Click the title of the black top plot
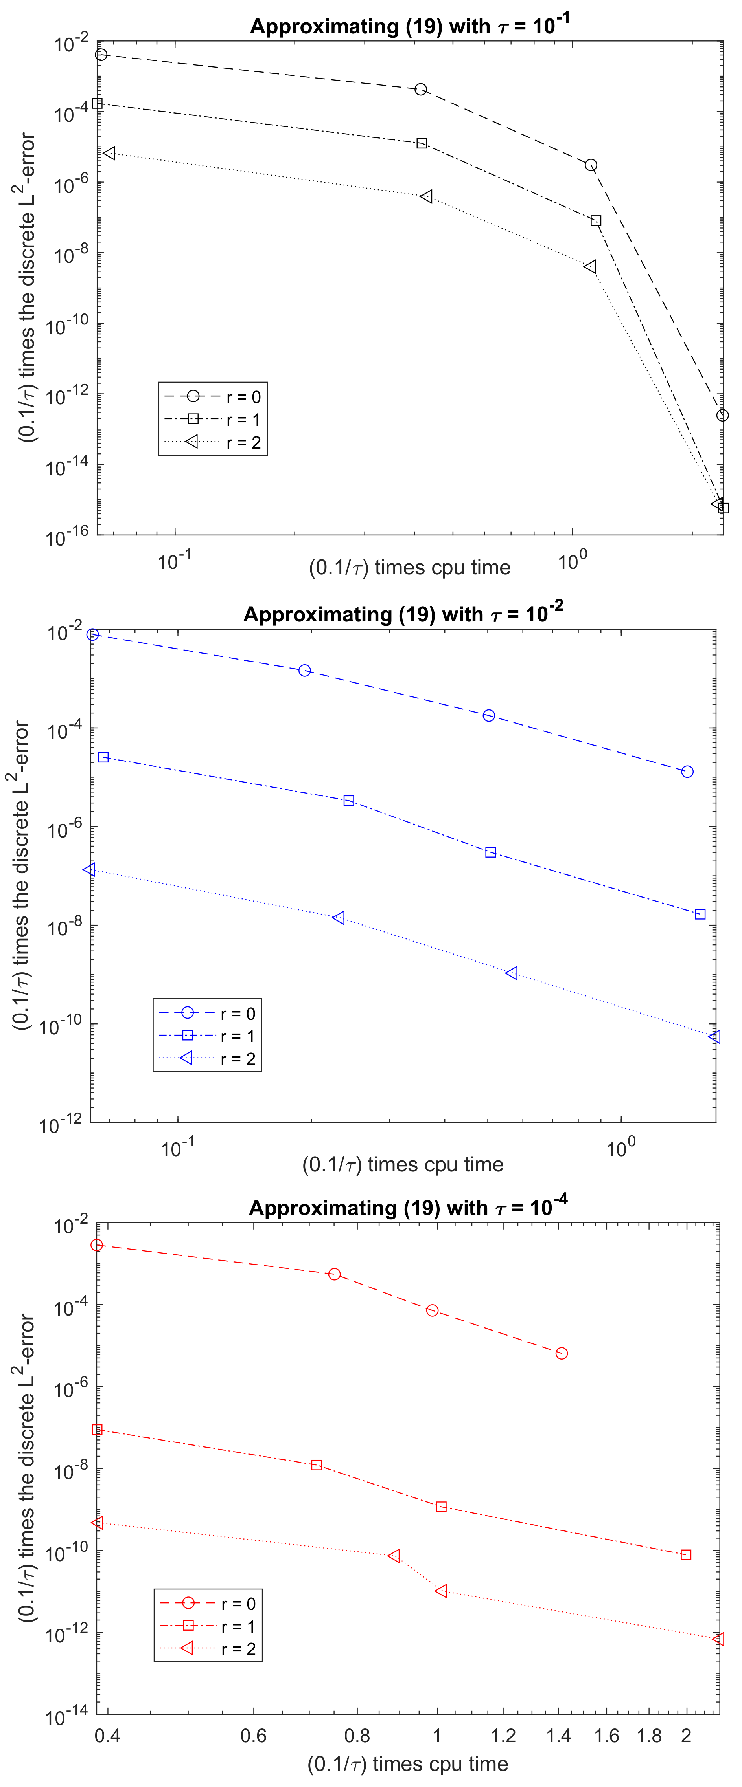[x=409, y=26]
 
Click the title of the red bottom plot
[x=408, y=1208]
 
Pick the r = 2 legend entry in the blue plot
[x=207, y=1059]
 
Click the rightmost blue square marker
[x=700, y=914]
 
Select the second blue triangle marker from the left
[x=339, y=918]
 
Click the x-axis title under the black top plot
[x=409, y=568]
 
